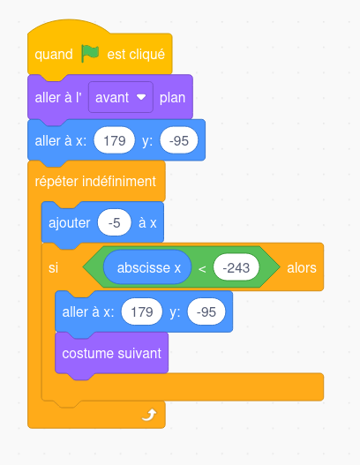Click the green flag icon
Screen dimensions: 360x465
point(90,54)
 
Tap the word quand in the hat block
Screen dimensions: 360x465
point(54,55)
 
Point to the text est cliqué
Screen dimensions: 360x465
point(136,55)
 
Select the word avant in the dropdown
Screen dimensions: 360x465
point(112,98)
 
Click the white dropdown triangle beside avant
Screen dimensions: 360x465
point(141,97)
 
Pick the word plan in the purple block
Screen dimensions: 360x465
point(172,98)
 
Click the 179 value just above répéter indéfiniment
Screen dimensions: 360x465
point(115,140)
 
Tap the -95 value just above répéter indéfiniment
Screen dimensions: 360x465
point(179,140)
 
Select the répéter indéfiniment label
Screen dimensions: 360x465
point(95,182)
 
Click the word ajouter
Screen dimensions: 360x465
point(70,223)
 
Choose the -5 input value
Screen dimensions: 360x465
point(114,222)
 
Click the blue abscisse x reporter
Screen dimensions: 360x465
point(147,267)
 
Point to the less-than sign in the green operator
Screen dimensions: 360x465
point(202,269)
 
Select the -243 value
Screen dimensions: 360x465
point(236,267)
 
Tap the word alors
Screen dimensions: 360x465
point(302,267)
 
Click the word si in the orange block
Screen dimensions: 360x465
point(53,267)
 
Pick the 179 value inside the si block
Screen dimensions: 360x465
point(142,312)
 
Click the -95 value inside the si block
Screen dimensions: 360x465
point(206,312)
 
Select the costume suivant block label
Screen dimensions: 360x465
point(111,353)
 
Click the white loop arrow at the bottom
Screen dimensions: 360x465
point(149,415)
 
